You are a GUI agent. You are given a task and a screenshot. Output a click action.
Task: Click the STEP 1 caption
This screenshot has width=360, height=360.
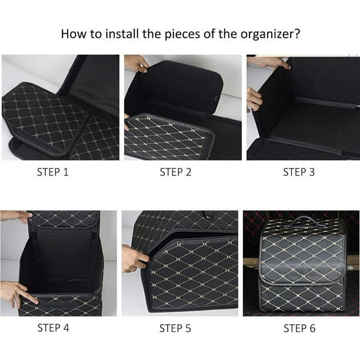[53, 172]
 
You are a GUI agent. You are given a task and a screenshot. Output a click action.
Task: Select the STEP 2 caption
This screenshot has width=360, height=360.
[176, 172]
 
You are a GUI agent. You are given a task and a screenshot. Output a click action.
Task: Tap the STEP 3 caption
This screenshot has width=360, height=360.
[299, 172]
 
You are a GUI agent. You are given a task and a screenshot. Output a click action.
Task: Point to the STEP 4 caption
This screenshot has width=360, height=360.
[53, 328]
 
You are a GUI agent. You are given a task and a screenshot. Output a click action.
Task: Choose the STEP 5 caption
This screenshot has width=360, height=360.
[175, 328]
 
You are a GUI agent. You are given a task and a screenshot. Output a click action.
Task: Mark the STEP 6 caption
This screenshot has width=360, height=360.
[299, 328]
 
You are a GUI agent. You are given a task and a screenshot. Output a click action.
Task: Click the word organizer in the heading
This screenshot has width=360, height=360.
[268, 34]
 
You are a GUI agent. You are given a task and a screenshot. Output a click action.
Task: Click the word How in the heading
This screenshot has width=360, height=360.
[74, 34]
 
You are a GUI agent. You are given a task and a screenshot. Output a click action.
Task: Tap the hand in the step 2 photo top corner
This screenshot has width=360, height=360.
[136, 63]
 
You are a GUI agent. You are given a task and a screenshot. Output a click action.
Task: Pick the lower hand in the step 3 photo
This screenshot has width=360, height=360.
[254, 99]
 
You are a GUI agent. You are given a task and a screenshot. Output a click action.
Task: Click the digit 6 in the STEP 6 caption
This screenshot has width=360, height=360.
[312, 328]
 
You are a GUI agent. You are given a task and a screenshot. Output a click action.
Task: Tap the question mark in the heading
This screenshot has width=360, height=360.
[297, 34]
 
